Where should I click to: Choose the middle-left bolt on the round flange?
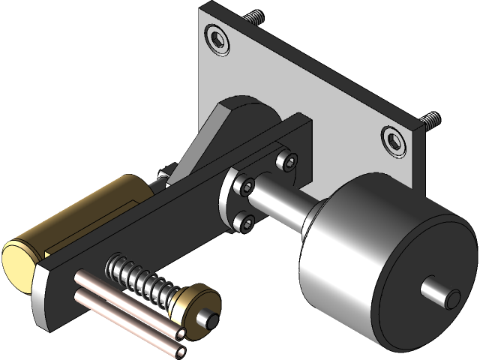pos(244,184)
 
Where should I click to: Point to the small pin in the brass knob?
pos(213,319)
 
